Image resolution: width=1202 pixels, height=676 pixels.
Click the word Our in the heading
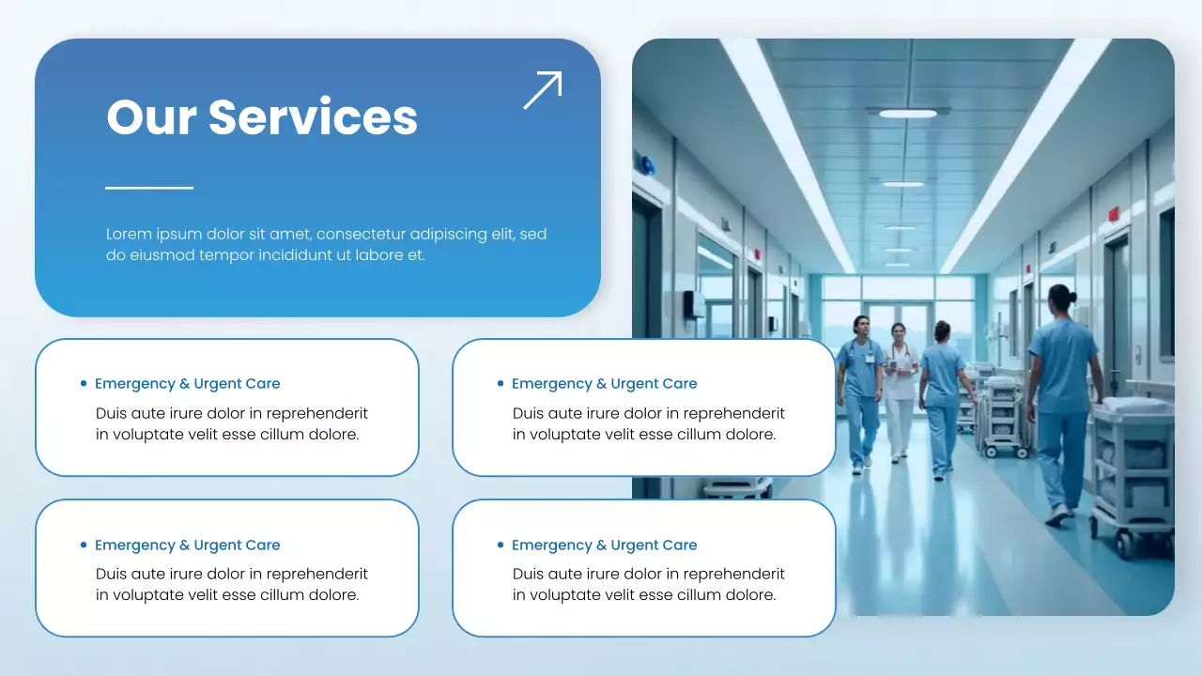[150, 117]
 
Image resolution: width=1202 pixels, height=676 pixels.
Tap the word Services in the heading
[313, 117]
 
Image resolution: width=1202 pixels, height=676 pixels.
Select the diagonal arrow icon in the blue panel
[543, 90]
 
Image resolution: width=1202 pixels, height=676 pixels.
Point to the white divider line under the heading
[149, 188]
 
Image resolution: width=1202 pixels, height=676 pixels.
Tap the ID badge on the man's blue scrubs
[871, 358]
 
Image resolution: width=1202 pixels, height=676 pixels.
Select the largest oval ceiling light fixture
[907, 114]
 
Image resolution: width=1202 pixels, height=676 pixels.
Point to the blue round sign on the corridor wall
[648, 164]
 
